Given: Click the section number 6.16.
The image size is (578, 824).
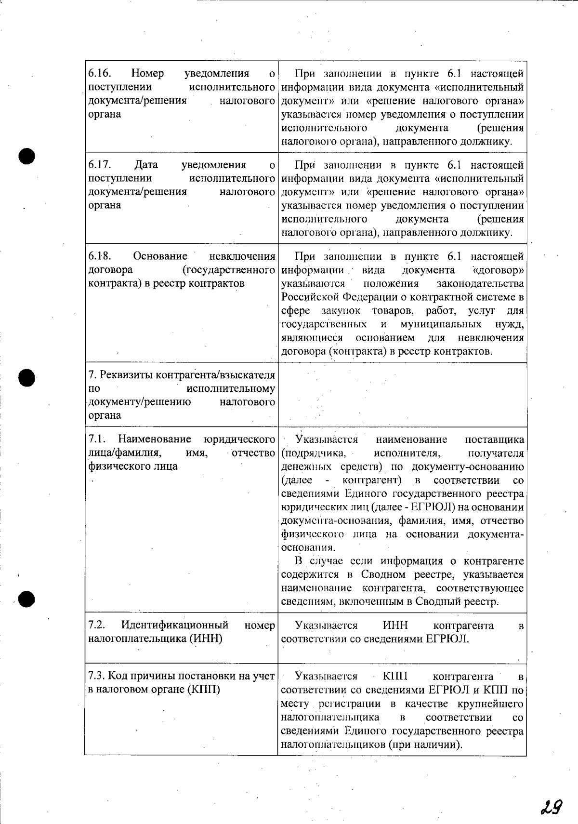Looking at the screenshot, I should [x=100, y=74].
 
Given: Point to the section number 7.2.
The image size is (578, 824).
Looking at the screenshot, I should [x=97, y=625].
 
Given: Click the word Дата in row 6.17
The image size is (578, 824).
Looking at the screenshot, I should [x=146, y=165].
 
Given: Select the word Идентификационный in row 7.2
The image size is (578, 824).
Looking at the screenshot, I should [x=174, y=625].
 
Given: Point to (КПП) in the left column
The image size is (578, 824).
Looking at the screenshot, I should [x=202, y=689].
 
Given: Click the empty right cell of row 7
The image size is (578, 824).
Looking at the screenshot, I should [x=402, y=395].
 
